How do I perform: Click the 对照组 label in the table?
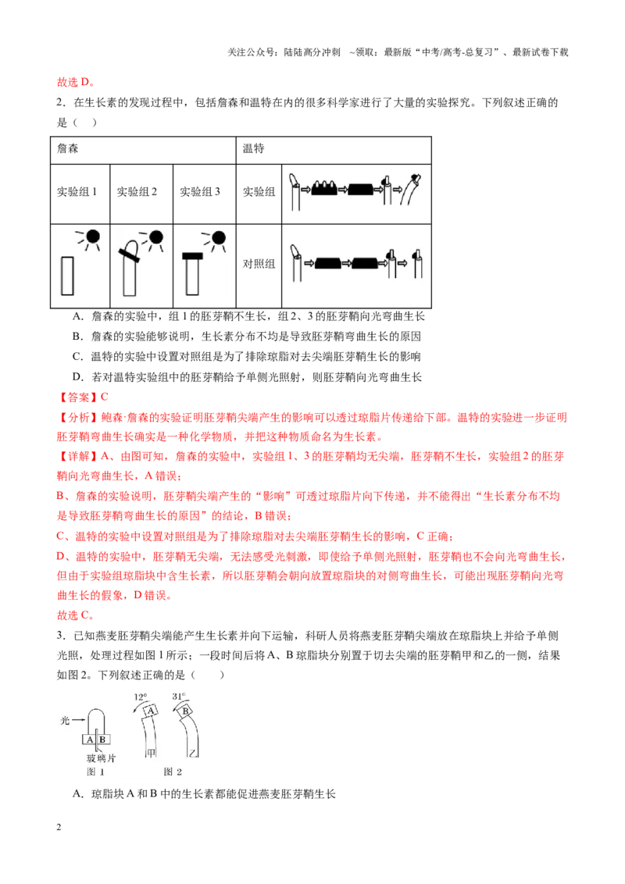click(x=259, y=264)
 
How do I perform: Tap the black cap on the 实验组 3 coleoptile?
click(x=192, y=256)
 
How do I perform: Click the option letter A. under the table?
click(x=78, y=317)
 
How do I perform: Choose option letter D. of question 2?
click(x=78, y=377)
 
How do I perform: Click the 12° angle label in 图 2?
click(x=141, y=697)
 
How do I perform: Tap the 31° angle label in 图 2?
click(x=179, y=697)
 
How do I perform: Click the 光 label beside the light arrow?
click(x=66, y=721)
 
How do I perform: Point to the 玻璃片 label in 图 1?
click(x=101, y=758)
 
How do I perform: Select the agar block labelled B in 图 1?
click(x=103, y=739)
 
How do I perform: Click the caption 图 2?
click(x=173, y=772)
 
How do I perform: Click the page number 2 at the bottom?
click(x=59, y=827)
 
